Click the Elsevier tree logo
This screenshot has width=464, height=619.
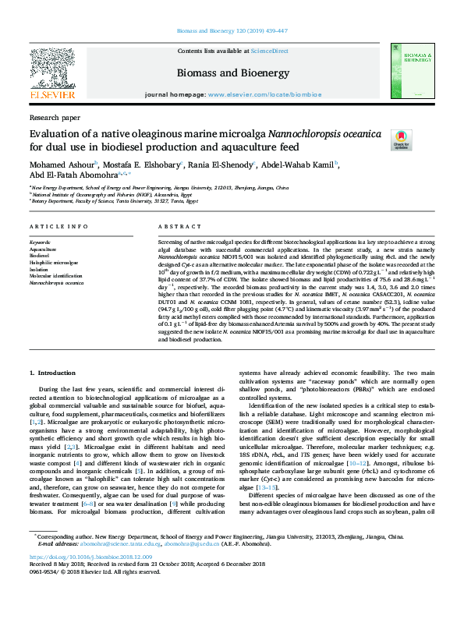[x=53, y=66]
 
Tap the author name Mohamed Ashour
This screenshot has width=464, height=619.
[x=62, y=164]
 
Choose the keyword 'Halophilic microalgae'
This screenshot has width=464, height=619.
[x=54, y=264]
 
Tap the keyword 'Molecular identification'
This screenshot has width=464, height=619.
[x=56, y=276]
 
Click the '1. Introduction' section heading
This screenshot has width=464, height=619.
[x=57, y=373]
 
